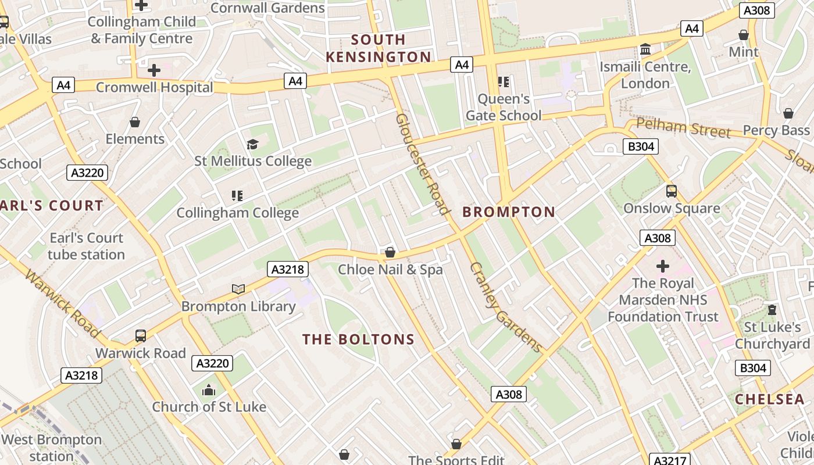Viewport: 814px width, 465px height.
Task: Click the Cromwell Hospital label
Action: [154, 88]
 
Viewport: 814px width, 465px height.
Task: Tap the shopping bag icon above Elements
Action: [135, 122]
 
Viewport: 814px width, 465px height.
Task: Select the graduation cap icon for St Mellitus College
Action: [252, 144]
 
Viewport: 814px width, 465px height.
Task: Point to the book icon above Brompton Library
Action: [238, 289]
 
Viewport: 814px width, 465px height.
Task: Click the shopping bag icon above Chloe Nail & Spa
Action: [390, 253]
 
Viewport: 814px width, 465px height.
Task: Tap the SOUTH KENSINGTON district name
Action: [378, 48]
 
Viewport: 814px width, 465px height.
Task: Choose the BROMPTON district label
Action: [509, 212]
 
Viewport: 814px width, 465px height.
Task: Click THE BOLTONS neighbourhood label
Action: [358, 339]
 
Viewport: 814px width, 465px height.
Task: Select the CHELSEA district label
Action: [769, 399]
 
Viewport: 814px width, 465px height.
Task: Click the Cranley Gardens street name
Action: [505, 307]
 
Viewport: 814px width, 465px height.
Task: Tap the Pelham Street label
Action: [683, 128]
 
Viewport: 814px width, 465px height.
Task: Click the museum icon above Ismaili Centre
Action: [645, 49]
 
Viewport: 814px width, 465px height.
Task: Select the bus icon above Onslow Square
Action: [672, 191]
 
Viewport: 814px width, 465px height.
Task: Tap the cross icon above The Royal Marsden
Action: [663, 266]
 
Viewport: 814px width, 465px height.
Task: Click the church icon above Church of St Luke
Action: [209, 390]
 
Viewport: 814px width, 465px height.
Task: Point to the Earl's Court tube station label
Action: [86, 246]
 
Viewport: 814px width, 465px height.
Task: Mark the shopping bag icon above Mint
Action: [743, 35]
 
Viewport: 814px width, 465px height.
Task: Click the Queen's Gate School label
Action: [504, 107]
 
